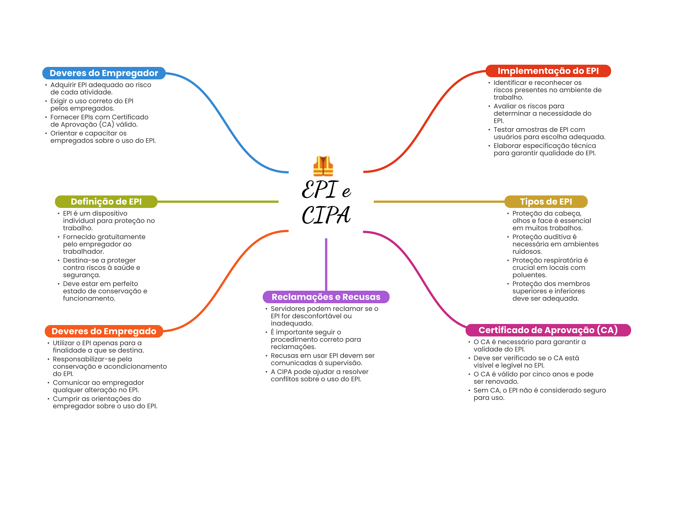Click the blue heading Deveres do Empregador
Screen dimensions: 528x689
tap(104, 73)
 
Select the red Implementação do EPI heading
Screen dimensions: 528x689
tap(548, 71)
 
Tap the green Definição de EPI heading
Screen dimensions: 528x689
tap(106, 202)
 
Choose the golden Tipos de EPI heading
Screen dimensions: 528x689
tap(546, 202)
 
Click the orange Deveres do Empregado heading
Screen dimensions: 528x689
tap(104, 331)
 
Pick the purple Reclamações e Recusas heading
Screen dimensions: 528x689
tap(326, 297)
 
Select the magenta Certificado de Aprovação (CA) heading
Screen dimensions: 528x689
tap(548, 330)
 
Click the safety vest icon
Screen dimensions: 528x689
tap(323, 166)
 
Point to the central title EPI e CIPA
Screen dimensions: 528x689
tap(326, 202)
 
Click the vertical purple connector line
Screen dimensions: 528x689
tap(326, 264)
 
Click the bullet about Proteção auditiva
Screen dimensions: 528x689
tap(555, 244)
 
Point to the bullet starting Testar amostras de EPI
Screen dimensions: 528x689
tap(549, 133)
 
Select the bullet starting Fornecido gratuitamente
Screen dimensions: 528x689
tap(104, 244)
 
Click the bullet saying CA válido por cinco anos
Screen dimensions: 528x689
tap(533, 378)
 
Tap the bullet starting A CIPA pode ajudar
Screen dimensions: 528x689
tap(319, 375)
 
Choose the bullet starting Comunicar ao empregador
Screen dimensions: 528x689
tap(98, 386)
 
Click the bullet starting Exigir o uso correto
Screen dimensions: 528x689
tap(92, 105)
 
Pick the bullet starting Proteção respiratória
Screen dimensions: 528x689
tap(550, 268)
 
